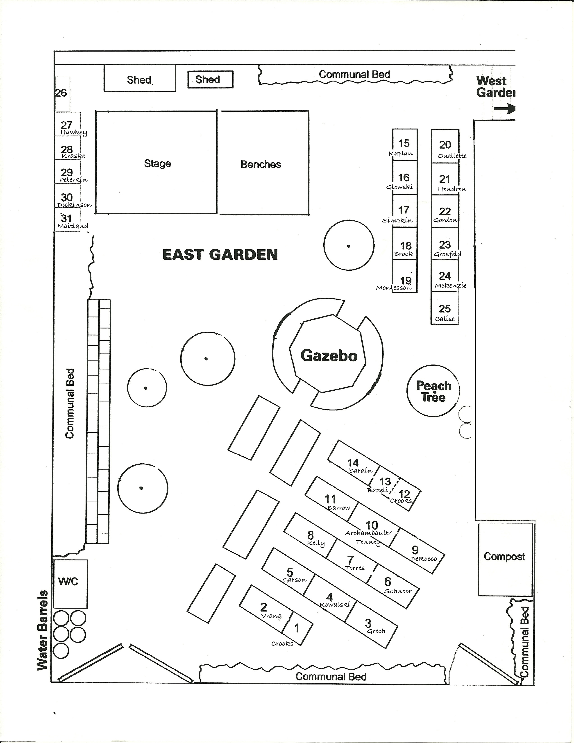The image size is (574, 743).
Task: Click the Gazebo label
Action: pyautogui.click(x=329, y=356)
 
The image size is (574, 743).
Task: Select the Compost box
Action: pyautogui.click(x=505, y=557)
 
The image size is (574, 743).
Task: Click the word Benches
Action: pyautogui.click(x=261, y=165)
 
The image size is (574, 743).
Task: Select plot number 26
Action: pyautogui.click(x=61, y=93)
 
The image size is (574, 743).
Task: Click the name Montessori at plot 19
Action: pyautogui.click(x=394, y=288)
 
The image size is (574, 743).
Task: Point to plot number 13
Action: pyautogui.click(x=385, y=482)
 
